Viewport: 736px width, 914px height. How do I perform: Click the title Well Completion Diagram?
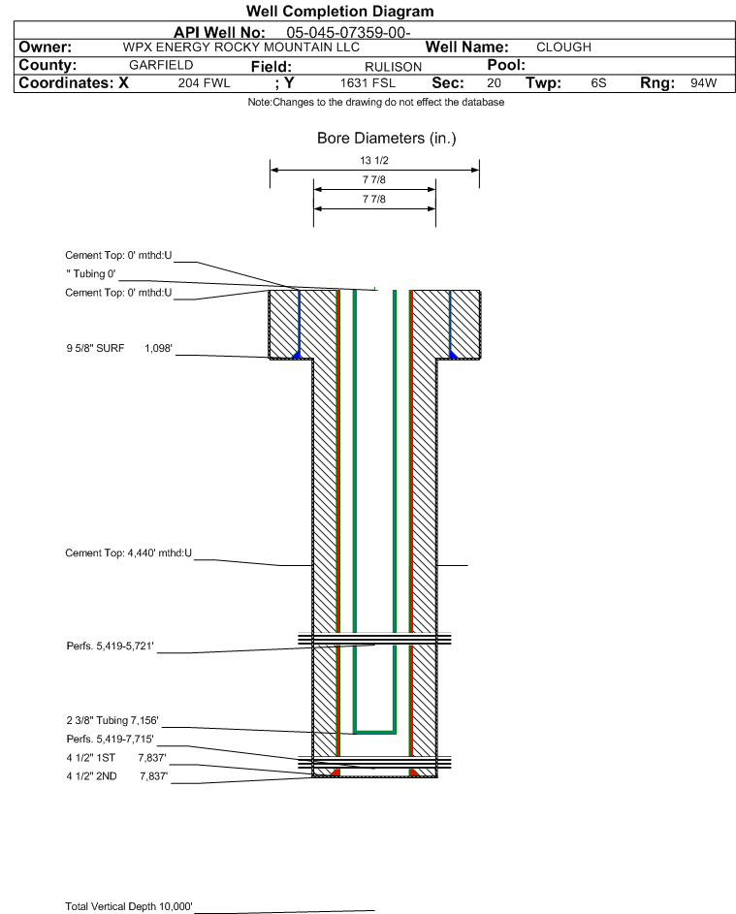click(x=340, y=11)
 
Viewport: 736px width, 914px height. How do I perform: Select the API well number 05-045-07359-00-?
click(x=349, y=33)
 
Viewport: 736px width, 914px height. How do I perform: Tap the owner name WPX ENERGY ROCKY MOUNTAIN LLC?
click(x=240, y=47)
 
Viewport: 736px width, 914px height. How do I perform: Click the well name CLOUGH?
click(x=563, y=47)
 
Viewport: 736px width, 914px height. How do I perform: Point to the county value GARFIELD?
click(x=161, y=65)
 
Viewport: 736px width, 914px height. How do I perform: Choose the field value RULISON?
click(x=393, y=67)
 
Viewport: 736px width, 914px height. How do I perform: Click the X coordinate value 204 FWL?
click(x=204, y=82)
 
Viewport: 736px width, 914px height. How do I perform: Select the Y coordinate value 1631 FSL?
click(x=368, y=82)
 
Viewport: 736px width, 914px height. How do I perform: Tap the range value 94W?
click(x=703, y=82)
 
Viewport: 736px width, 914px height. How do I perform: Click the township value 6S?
click(x=598, y=82)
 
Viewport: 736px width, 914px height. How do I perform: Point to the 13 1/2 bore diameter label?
click(x=374, y=160)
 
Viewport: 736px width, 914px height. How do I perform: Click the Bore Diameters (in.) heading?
click(x=387, y=139)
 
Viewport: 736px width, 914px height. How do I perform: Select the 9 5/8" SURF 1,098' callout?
click(x=119, y=349)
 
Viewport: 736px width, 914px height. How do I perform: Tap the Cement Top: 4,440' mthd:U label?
click(x=128, y=552)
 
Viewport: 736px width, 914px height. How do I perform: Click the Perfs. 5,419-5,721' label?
click(x=111, y=646)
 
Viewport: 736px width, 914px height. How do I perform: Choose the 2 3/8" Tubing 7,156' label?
click(x=112, y=720)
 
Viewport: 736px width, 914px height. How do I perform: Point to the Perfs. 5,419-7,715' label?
click(x=111, y=740)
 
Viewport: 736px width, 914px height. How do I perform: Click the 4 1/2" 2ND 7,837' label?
click(x=117, y=776)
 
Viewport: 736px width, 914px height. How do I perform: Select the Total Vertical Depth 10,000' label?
click(x=129, y=906)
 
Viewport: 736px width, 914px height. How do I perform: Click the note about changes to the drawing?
click(x=376, y=102)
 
